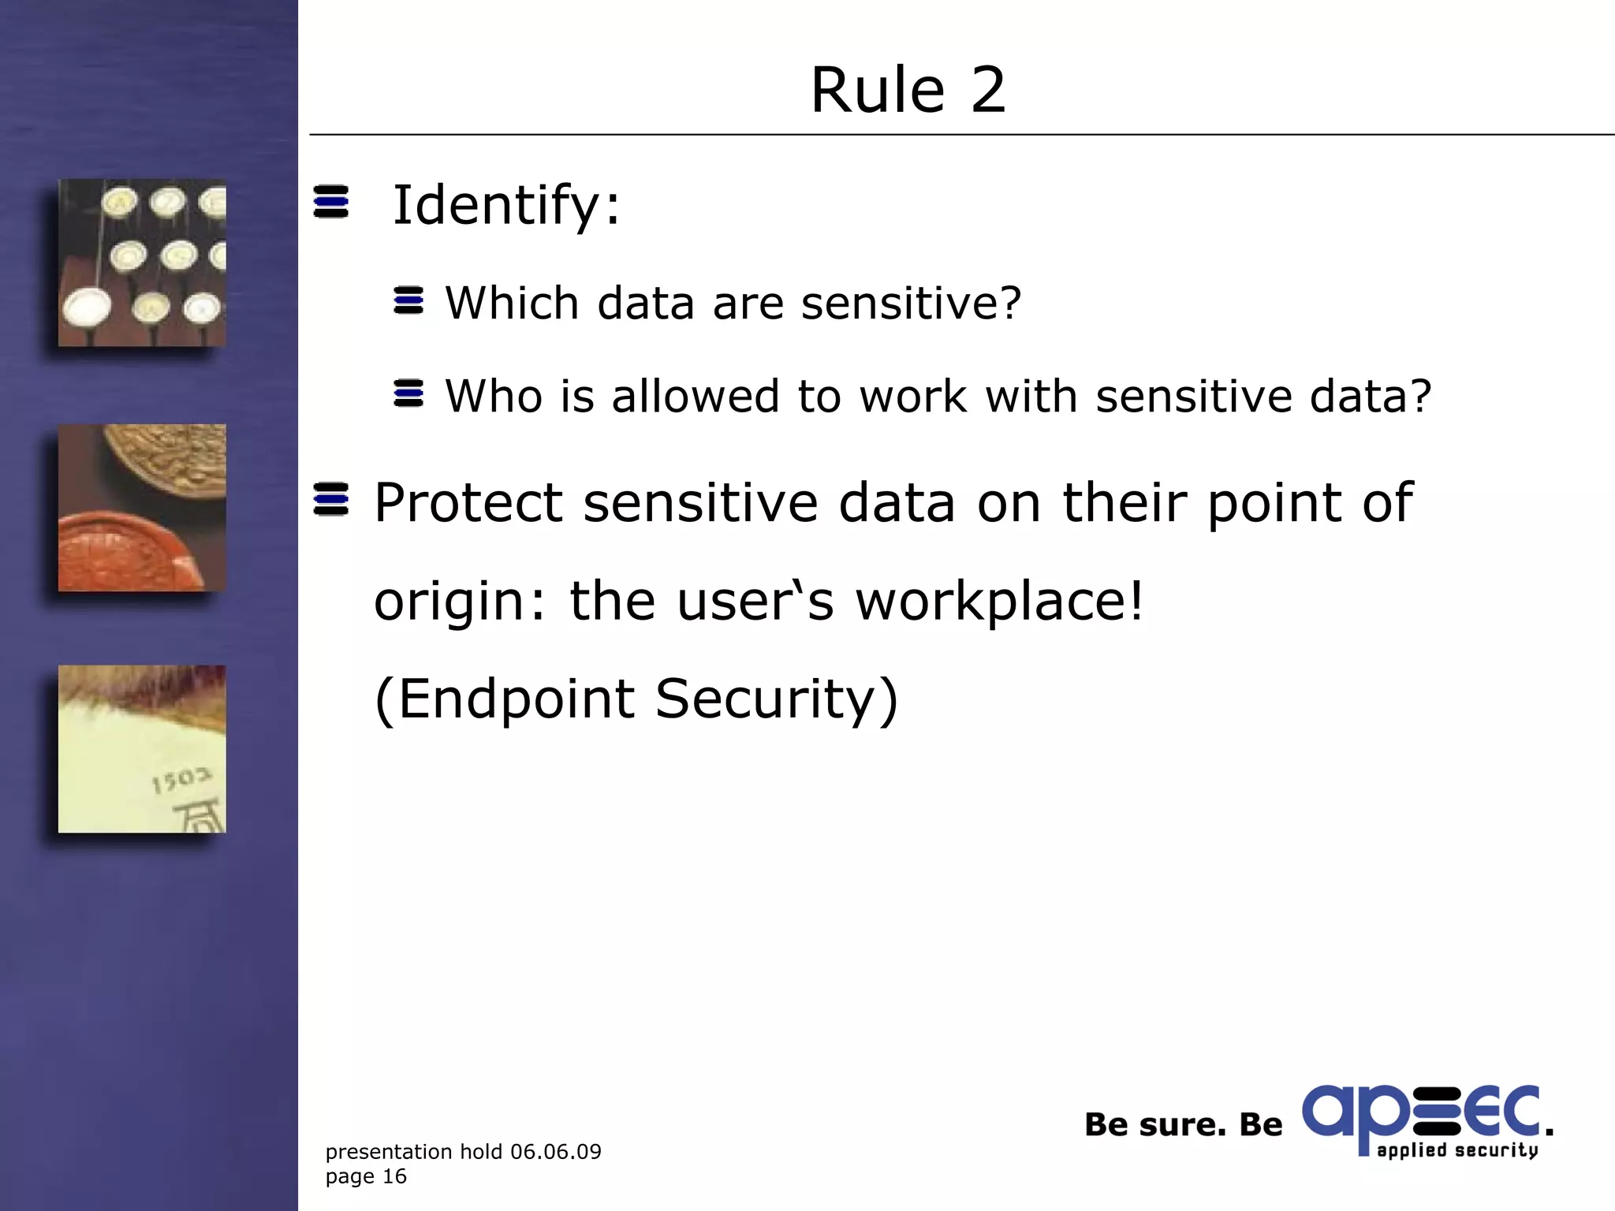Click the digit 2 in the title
pyautogui.click(x=988, y=91)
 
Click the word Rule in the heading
pyautogui.click(x=878, y=91)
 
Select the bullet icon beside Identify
pyautogui.click(x=330, y=202)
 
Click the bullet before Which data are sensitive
pyautogui.click(x=408, y=300)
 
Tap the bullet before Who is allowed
pyautogui.click(x=408, y=393)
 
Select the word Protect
pyautogui.click(x=468, y=503)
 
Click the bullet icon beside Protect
pyautogui.click(x=330, y=499)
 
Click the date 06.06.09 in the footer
pyautogui.click(x=555, y=1152)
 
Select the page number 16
pyautogui.click(x=394, y=1176)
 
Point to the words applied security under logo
pyautogui.click(x=1457, y=1150)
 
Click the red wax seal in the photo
pyautogui.click(x=126, y=552)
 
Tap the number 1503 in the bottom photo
pyautogui.click(x=181, y=781)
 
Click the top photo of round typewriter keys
pyautogui.click(x=142, y=263)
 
